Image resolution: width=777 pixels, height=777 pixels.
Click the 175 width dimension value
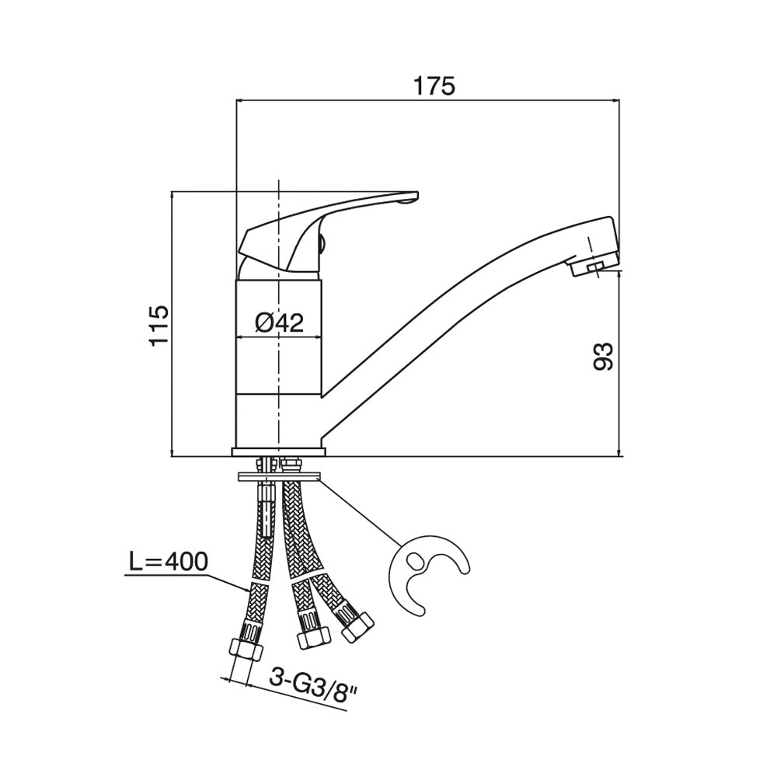(434, 85)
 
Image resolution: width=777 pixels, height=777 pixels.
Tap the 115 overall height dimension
(159, 326)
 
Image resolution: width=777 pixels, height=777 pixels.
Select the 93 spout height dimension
(603, 356)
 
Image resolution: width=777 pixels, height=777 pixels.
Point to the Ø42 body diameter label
(280, 323)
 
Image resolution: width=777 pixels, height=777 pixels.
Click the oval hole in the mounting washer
(414, 563)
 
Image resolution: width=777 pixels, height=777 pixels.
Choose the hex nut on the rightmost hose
(357, 626)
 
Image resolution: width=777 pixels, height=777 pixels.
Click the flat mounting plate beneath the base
(279, 477)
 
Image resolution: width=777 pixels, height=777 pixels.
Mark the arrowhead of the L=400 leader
(248, 589)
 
